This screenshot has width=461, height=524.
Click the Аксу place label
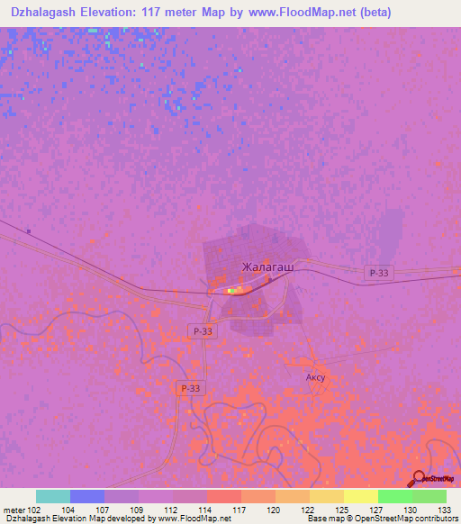314,378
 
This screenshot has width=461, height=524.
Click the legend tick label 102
33,510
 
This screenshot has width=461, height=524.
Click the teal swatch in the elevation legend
53,496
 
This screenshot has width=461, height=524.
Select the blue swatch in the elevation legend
87,496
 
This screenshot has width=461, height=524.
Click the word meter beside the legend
13,510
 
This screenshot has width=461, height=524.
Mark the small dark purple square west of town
29,232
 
